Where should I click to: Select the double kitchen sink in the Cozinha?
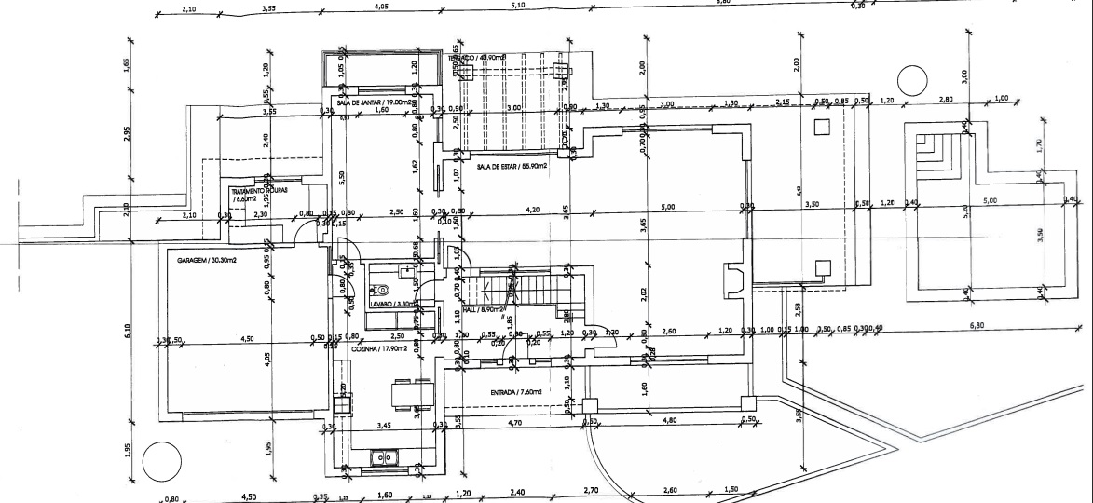coord(384,457)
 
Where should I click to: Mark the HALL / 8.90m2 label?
coord(485,309)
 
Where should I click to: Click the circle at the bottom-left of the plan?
coord(162,462)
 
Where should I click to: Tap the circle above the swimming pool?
coord(909,80)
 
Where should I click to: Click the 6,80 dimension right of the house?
coord(977,325)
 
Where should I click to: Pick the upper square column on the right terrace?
coord(821,128)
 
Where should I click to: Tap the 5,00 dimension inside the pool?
coord(990,200)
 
